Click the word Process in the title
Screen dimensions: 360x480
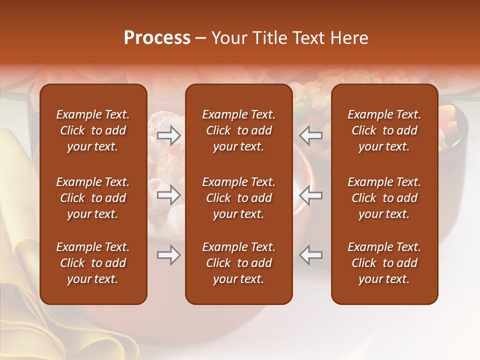(x=157, y=38)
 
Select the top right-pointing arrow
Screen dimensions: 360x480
(x=168, y=135)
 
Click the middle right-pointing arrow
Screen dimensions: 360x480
(x=168, y=195)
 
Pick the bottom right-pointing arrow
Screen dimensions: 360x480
(x=168, y=255)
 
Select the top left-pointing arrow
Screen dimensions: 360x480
(x=311, y=135)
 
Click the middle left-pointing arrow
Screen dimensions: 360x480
(x=311, y=195)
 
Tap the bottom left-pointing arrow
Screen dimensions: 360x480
(x=311, y=255)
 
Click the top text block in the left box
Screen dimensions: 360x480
(x=93, y=130)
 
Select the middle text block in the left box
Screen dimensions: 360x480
(x=93, y=198)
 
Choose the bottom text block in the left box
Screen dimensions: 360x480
(x=93, y=263)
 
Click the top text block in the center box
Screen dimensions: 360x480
(x=238, y=130)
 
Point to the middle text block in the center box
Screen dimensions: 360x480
(x=238, y=198)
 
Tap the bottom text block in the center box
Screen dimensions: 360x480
(x=238, y=263)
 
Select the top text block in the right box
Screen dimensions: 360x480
(x=384, y=130)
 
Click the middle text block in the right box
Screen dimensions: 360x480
(x=384, y=198)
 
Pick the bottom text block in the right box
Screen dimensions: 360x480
(x=384, y=263)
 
